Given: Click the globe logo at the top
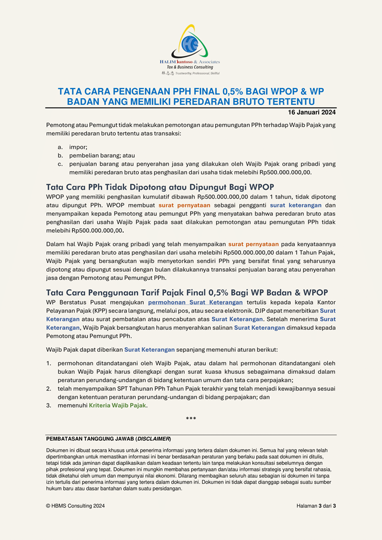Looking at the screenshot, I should [191, 43].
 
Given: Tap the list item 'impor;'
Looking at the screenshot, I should [78, 147].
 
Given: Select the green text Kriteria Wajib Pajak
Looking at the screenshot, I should [117, 405].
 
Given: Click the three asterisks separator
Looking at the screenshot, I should [191, 419].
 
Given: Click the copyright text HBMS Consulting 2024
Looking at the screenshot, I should [75, 506].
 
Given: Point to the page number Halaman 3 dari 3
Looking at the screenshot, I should [316, 506].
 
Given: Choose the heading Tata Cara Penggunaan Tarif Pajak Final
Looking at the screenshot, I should [187, 292].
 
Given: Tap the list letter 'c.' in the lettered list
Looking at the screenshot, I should [61, 164].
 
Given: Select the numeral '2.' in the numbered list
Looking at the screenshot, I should [49, 388].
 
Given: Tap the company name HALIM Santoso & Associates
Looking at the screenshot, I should [190, 62].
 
